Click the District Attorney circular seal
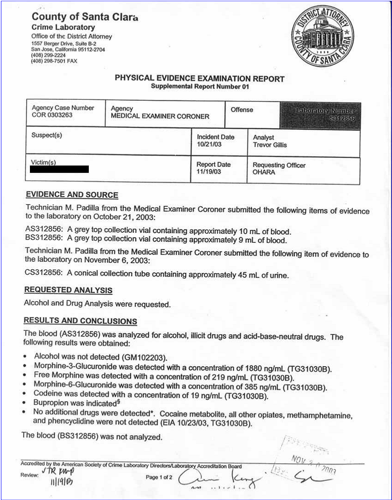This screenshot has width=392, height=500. click(x=325, y=36)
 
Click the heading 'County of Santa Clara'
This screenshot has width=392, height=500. click(x=84, y=17)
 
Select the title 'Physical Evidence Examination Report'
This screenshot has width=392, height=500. click(x=199, y=79)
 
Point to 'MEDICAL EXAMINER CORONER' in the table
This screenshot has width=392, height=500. click(x=160, y=116)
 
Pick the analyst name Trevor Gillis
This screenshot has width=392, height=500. click(x=270, y=145)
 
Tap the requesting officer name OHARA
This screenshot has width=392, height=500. click(x=264, y=172)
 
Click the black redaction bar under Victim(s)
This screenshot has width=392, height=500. click(x=59, y=169)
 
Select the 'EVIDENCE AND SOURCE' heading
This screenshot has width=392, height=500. click(x=72, y=195)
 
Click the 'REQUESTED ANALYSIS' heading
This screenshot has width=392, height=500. click(x=68, y=290)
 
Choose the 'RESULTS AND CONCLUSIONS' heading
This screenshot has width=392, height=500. click(x=80, y=321)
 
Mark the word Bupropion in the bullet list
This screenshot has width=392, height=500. click(x=51, y=403)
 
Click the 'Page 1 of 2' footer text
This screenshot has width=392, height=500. click(x=159, y=477)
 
